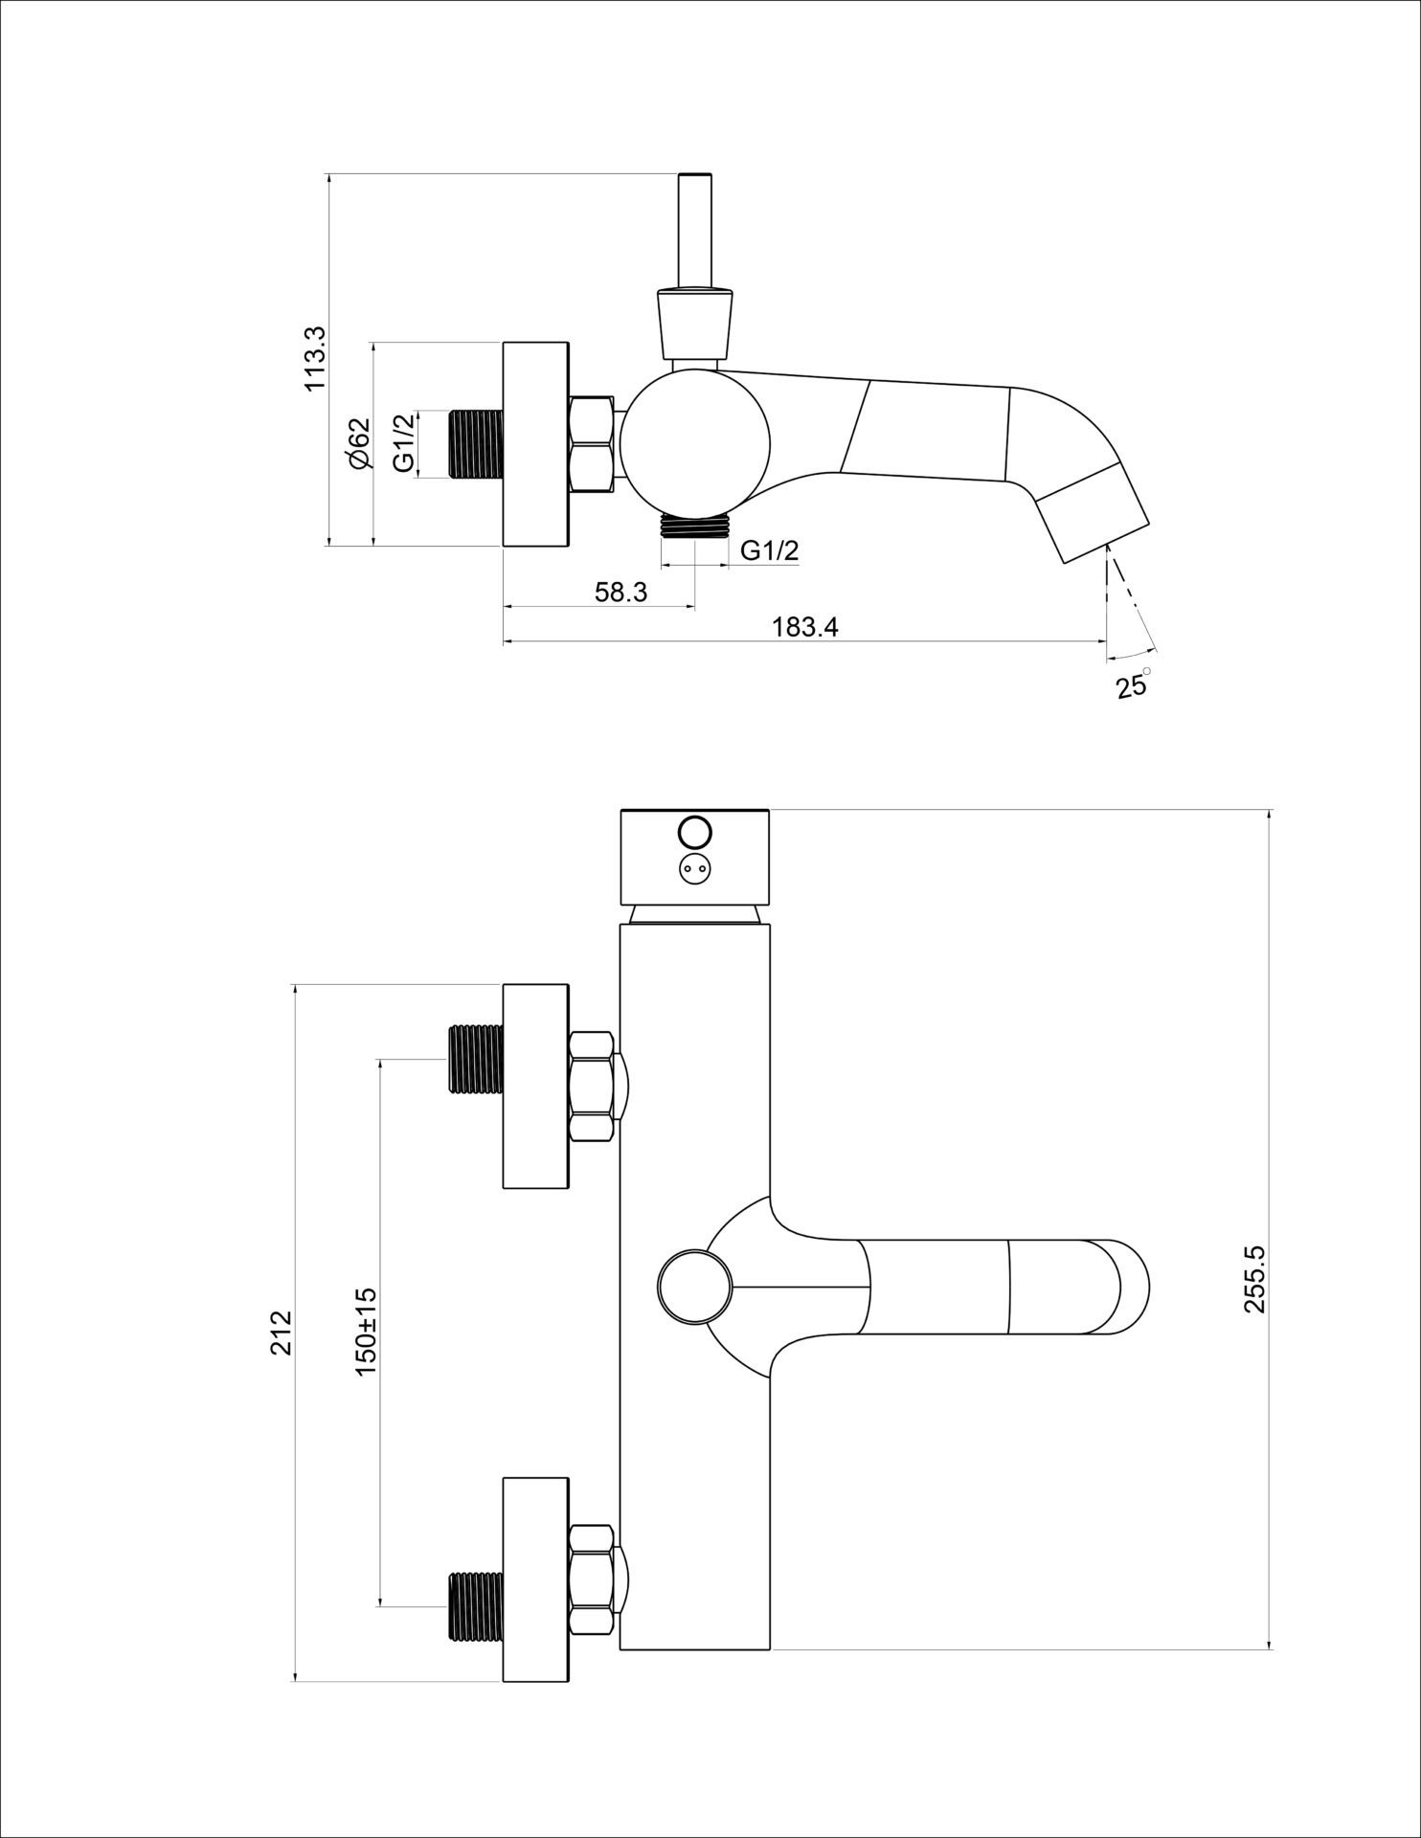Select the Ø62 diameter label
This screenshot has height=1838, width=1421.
pos(359,443)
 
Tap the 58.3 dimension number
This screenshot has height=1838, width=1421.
pos(620,593)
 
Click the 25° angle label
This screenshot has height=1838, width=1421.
pos(1133,685)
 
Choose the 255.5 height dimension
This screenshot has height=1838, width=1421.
pos(1254,1278)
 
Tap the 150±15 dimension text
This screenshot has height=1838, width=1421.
pos(366,1332)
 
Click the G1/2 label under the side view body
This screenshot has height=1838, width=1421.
pos(770,550)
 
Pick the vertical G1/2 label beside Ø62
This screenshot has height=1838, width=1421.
pos(405,443)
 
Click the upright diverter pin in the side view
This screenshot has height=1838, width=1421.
pos(694,230)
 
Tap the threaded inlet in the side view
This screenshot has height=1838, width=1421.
pos(477,443)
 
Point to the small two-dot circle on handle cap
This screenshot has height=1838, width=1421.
pos(694,869)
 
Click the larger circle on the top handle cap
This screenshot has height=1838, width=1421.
pos(694,829)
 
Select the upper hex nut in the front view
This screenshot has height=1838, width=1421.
pos(591,1087)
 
